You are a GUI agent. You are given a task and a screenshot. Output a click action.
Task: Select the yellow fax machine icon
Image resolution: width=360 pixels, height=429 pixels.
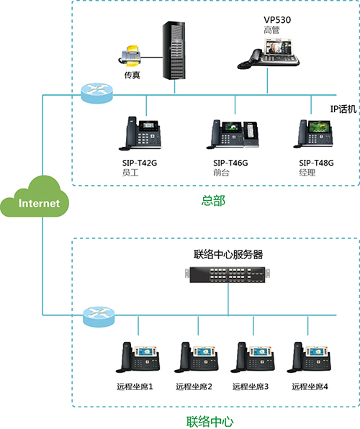[130, 55]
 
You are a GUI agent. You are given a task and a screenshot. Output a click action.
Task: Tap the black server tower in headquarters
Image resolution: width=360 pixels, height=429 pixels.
[174, 50]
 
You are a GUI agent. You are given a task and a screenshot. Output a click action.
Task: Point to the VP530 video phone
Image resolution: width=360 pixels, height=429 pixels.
[269, 53]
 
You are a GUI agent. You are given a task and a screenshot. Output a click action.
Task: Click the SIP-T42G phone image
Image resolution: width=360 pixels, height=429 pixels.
[140, 133]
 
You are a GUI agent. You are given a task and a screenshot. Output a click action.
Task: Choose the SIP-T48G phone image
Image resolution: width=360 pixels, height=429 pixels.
[313, 134]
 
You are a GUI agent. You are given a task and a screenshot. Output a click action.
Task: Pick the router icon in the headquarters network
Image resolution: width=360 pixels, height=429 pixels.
[97, 94]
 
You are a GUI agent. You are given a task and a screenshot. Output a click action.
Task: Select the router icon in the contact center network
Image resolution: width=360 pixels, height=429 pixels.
[99, 317]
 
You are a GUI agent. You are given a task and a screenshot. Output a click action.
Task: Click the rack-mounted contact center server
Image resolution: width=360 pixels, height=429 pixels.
[228, 274]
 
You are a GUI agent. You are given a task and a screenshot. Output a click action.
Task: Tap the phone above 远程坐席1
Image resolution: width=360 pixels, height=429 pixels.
[138, 357]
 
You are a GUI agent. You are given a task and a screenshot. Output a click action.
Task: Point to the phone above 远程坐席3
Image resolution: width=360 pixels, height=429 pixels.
[253, 357]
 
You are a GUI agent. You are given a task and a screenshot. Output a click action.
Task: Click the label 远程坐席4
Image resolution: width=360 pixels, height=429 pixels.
[310, 387]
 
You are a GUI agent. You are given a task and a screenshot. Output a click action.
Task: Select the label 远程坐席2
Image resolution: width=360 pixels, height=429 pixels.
[194, 387]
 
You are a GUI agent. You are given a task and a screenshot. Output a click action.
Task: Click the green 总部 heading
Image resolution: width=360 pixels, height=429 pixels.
[213, 201]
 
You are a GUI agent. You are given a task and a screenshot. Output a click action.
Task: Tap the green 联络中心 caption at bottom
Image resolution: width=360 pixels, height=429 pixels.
[210, 422]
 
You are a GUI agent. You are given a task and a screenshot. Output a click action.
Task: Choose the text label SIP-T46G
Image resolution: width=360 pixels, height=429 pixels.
[230, 163]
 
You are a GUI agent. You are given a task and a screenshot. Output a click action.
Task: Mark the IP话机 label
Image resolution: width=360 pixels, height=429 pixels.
[343, 109]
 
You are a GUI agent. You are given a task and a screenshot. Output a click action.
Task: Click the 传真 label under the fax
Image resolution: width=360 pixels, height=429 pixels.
[132, 75]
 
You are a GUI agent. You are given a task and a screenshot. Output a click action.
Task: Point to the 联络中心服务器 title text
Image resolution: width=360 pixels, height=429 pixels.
[228, 254]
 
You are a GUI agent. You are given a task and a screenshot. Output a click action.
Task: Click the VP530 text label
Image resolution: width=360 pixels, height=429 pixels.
[277, 20]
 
